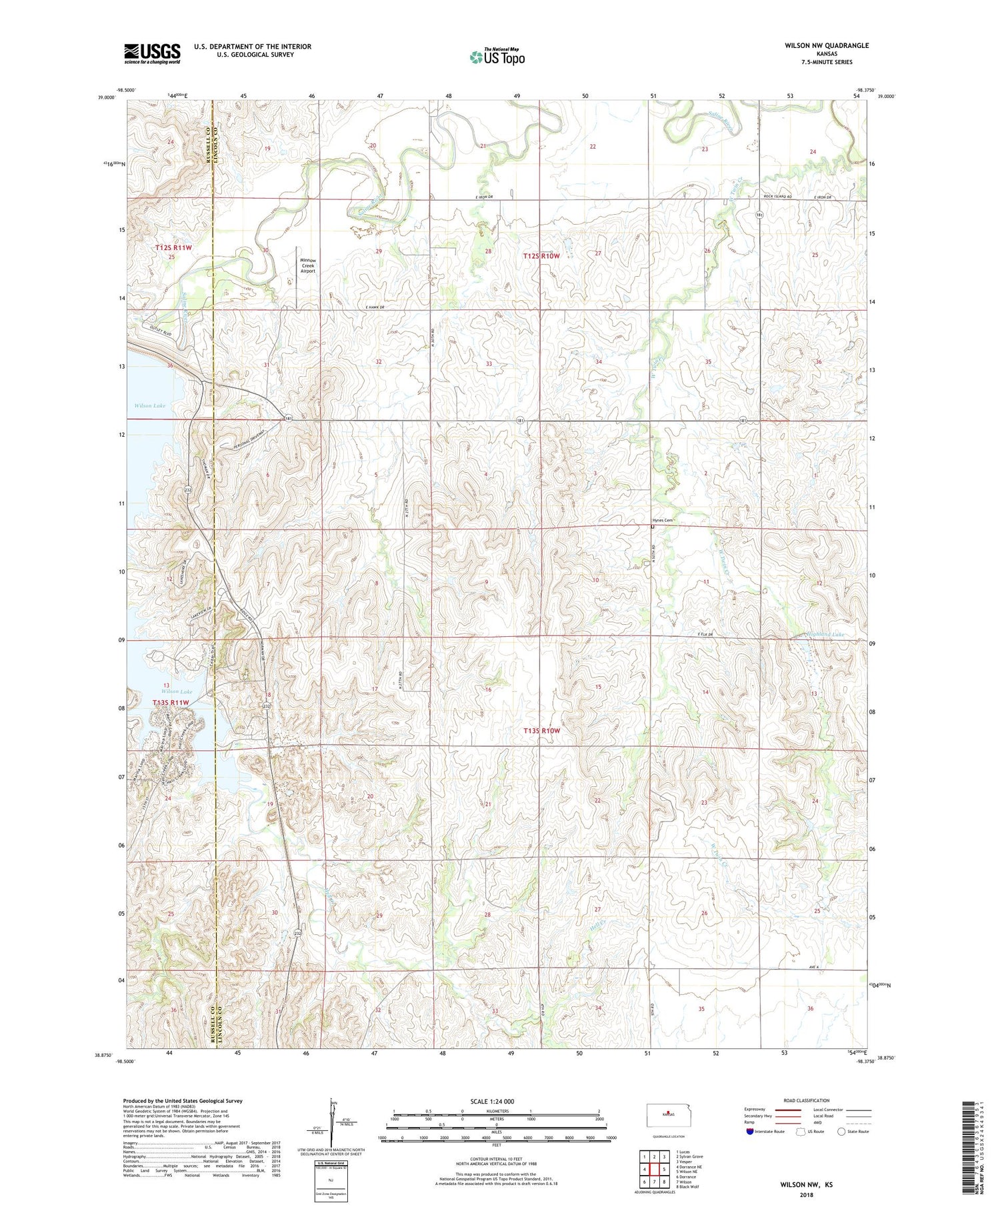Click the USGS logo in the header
tap(152, 53)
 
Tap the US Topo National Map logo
tap(497, 57)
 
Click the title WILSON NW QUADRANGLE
tap(827, 45)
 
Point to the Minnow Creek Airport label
tap(307, 265)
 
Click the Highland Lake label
tap(826, 634)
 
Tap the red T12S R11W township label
tap(173, 247)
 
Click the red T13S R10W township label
tap(541, 731)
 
